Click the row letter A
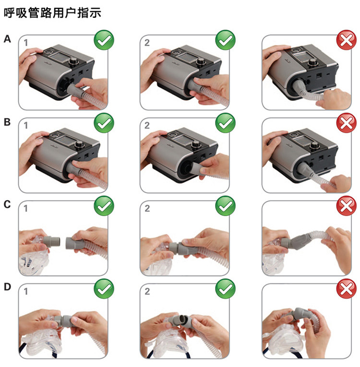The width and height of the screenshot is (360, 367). pyautogui.click(x=7, y=39)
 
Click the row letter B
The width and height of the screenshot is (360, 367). pyautogui.click(x=7, y=122)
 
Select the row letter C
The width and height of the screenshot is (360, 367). pyautogui.click(x=7, y=204)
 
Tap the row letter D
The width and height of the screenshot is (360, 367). pyautogui.click(x=8, y=287)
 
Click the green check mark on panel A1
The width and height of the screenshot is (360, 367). pyautogui.click(x=104, y=40)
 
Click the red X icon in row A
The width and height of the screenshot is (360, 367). pyautogui.click(x=347, y=40)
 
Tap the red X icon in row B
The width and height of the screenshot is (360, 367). pyautogui.click(x=347, y=122)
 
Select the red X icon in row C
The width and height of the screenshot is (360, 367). pyautogui.click(x=347, y=206)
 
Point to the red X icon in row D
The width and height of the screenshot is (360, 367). pyautogui.click(x=347, y=289)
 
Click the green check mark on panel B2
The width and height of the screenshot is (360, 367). pyautogui.click(x=225, y=122)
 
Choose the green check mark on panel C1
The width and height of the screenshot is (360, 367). pyautogui.click(x=104, y=206)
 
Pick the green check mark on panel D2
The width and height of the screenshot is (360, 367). pyautogui.click(x=225, y=289)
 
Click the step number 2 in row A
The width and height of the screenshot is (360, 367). pyautogui.click(x=147, y=43)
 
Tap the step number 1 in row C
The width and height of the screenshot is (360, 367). pyautogui.click(x=26, y=208)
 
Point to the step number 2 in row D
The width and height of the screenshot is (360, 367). pyautogui.click(x=147, y=292)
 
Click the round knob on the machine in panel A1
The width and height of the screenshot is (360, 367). pyautogui.click(x=74, y=62)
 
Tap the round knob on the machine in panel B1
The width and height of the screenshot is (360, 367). pyautogui.click(x=80, y=145)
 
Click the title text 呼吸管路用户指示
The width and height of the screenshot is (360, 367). pyautogui.click(x=53, y=12)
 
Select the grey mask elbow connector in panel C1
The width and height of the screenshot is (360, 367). pyautogui.click(x=51, y=242)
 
